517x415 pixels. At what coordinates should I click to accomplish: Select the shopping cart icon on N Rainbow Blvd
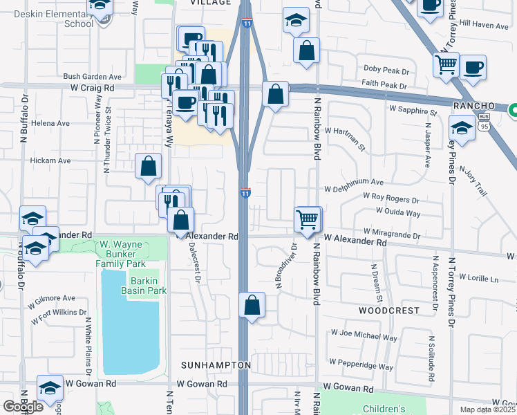tap(308, 219)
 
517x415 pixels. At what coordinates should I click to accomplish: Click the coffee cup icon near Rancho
tap(473, 68)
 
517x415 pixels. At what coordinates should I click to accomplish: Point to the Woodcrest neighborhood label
tap(388, 311)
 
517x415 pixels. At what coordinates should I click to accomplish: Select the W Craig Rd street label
tap(92, 89)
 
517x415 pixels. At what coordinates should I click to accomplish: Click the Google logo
tap(23, 407)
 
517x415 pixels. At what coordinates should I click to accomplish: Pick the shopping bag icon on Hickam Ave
tap(148, 166)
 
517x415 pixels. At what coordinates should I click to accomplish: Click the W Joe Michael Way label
tap(364, 337)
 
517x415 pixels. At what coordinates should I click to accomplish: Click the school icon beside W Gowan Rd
tap(50, 390)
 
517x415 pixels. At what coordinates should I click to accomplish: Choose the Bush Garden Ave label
tap(92, 77)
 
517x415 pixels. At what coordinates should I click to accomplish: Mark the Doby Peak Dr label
tap(386, 71)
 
